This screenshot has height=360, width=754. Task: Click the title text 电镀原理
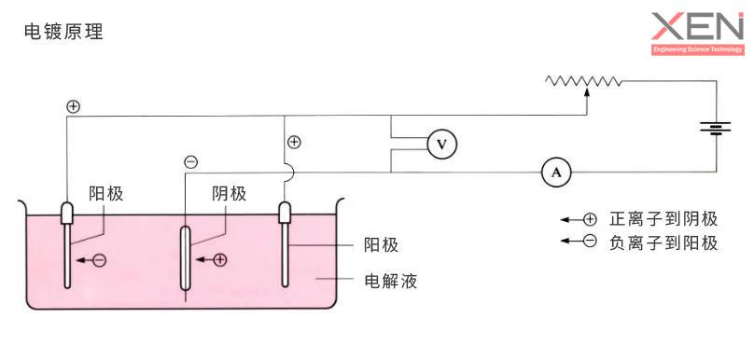click(x=63, y=32)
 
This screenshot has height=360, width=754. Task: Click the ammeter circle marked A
click(x=556, y=172)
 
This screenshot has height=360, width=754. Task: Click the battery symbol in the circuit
click(x=716, y=126)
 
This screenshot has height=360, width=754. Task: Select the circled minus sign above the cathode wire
click(x=191, y=162)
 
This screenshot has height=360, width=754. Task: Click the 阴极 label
click(x=229, y=194)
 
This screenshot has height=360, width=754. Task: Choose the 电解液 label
click(x=390, y=281)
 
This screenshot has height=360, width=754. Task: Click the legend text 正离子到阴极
click(x=663, y=219)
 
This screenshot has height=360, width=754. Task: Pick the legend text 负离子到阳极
click(x=663, y=243)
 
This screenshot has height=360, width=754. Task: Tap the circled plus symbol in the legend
click(x=590, y=220)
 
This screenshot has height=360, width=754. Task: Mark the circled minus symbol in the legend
click(x=590, y=243)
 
